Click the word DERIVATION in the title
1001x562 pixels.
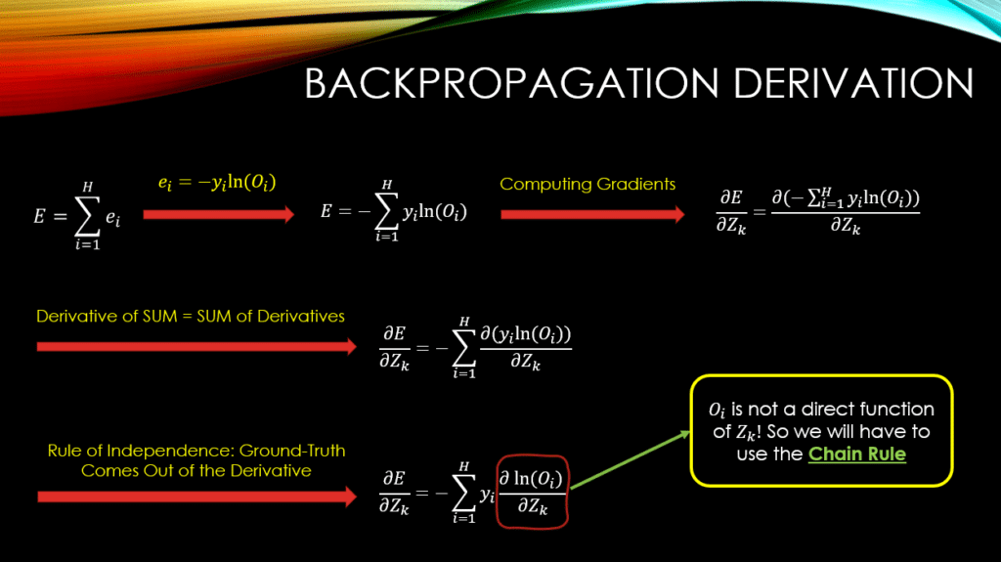(x=853, y=84)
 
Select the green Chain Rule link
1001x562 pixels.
(x=856, y=454)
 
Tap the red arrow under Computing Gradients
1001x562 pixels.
(x=592, y=215)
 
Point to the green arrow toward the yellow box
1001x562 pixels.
(x=631, y=459)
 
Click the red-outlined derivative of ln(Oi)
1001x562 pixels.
(x=532, y=492)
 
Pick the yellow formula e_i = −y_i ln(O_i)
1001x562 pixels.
(x=217, y=184)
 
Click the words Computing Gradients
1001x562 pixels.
(x=588, y=184)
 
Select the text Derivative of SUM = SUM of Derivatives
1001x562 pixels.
(x=191, y=316)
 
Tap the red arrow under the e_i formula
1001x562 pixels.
(x=218, y=215)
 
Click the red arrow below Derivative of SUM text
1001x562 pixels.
(x=196, y=347)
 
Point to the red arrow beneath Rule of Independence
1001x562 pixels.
(x=196, y=497)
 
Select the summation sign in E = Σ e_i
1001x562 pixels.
(x=87, y=217)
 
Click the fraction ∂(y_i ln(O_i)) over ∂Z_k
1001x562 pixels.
(x=525, y=347)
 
